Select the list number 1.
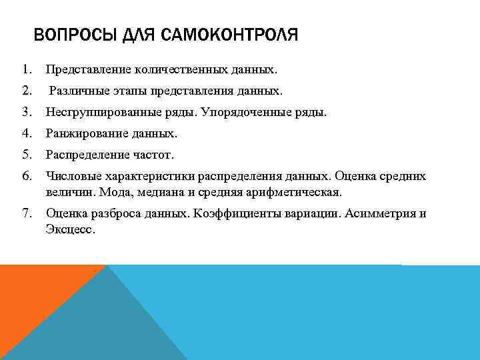pos(26,69)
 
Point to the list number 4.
pos(26,134)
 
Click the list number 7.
pos(26,214)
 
